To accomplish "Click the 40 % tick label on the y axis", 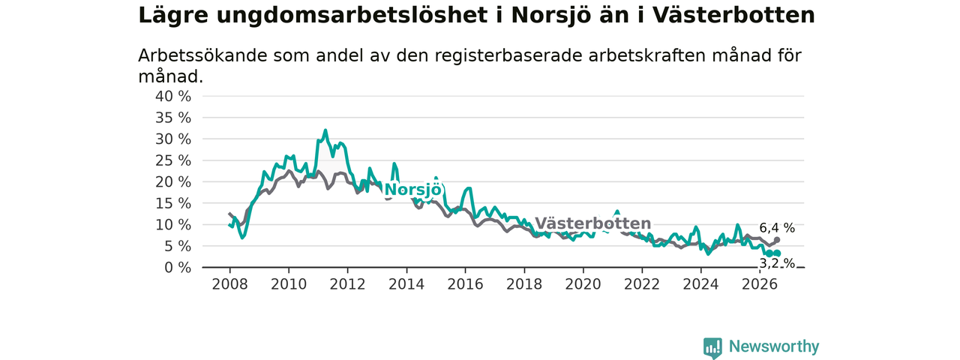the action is click(x=173, y=97).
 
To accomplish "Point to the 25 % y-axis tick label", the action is click(x=173, y=160).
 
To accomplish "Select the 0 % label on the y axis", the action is click(x=178, y=268).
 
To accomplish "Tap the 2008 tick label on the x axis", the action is click(x=229, y=284).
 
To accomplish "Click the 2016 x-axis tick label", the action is click(x=466, y=284).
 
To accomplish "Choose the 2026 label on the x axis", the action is click(x=760, y=284).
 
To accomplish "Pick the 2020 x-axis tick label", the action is click(x=583, y=284).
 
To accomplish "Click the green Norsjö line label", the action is click(x=412, y=190).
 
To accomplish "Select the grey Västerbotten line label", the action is click(x=593, y=223).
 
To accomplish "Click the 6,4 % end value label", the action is click(x=777, y=228).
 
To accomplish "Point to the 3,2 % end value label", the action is click(x=777, y=263).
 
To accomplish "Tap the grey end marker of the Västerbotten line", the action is click(x=777, y=240).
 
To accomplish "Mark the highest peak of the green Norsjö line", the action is click(x=325, y=130).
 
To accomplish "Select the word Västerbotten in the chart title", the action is click(x=733, y=16).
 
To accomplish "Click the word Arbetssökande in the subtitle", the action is click(x=202, y=55).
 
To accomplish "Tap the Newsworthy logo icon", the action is click(x=712, y=347).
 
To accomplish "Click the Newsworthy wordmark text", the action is click(x=774, y=346).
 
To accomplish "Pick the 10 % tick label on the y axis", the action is click(x=173, y=225).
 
